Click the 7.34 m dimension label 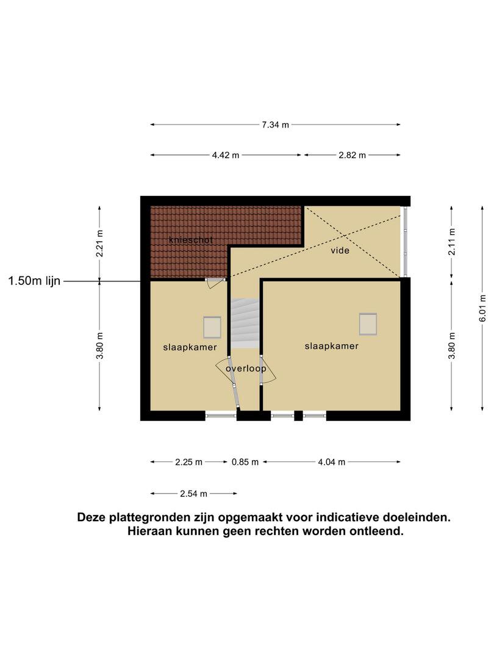point(275,125)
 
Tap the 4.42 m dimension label point(226,155)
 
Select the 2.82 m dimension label point(352,155)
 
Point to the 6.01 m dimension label point(482,308)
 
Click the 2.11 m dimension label point(451,242)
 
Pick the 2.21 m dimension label point(99,243)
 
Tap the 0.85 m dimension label point(245,463)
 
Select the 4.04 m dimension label point(331,463)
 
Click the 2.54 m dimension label point(194,494)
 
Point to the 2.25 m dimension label point(188,463)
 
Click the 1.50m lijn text point(34,281)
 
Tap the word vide point(340,251)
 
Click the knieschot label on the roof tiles point(191,240)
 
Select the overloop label point(246,369)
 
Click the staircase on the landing point(245,323)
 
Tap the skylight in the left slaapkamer point(212,328)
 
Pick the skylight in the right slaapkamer point(368,324)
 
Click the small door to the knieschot point(215,282)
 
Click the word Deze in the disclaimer point(91,517)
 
